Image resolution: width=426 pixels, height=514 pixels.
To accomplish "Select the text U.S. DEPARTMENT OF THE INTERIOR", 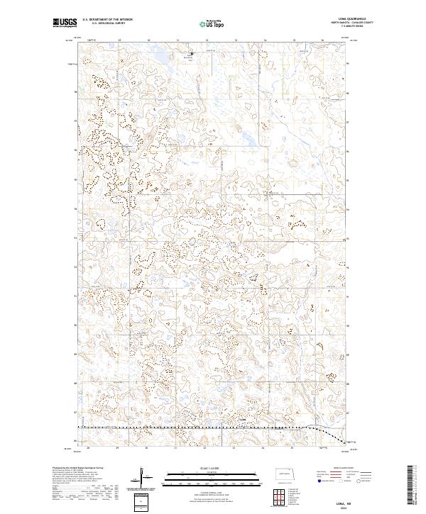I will tap(107, 20).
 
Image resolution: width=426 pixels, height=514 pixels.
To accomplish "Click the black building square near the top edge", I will tap(192, 52).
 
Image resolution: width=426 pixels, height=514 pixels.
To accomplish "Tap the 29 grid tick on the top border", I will tap(120, 40).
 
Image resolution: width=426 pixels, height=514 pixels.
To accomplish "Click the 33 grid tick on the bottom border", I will tap(234, 448).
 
